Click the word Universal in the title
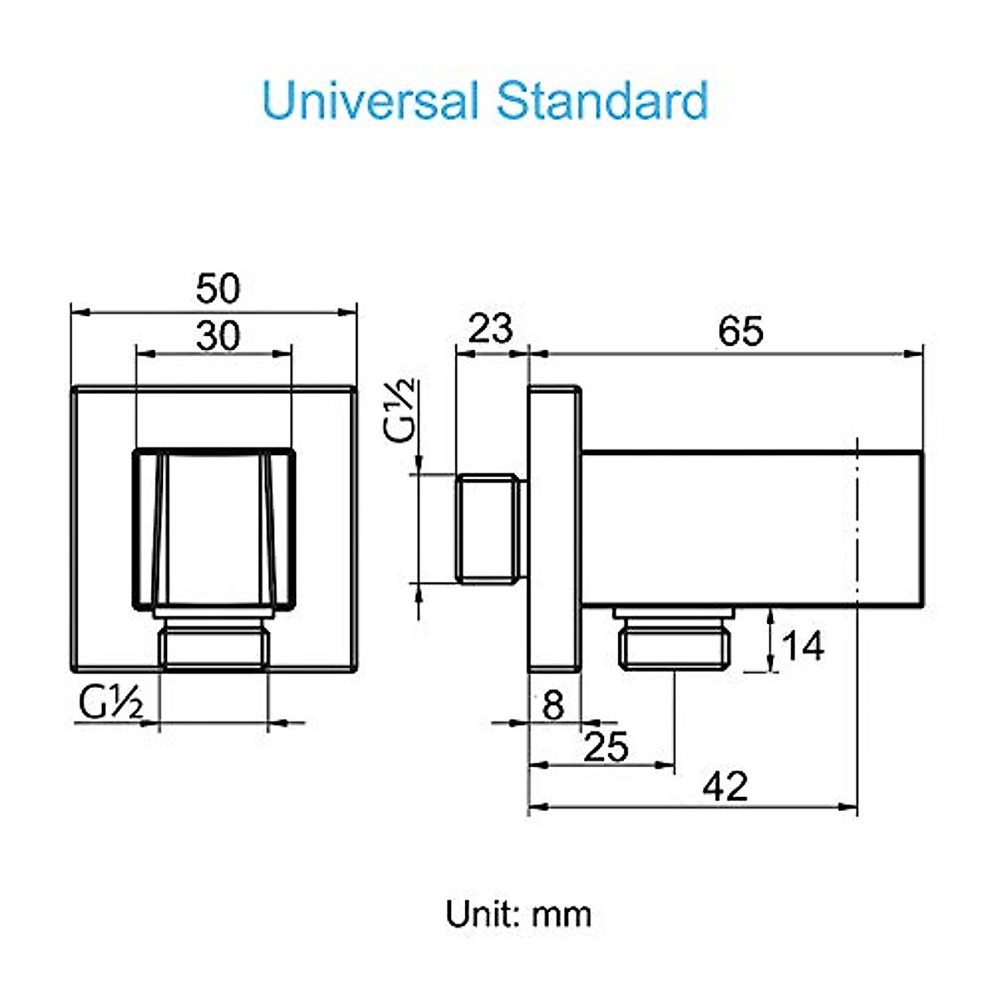point(370,101)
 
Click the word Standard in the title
point(602,101)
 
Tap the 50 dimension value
point(218,289)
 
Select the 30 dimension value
point(218,336)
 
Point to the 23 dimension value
point(491,329)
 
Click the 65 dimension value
point(741,331)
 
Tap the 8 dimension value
point(553,706)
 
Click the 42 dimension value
point(725,786)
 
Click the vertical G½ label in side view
point(403,411)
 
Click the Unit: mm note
point(519,914)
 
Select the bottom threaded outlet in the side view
point(674,639)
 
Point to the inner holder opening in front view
point(213,528)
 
